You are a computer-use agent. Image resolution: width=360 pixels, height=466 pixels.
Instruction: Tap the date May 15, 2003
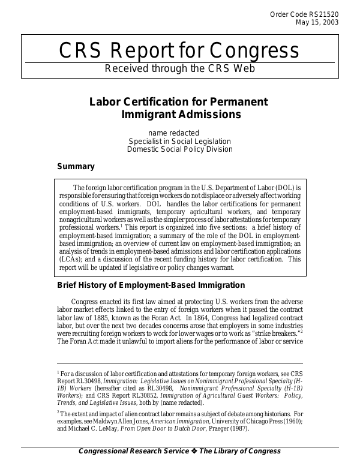coord(317,23)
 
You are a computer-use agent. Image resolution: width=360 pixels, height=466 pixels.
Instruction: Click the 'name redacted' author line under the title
coord(173,133)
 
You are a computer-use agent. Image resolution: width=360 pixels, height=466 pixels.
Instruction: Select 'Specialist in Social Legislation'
coord(179,141)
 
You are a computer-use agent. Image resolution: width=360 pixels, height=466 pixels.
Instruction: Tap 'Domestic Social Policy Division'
coord(179,149)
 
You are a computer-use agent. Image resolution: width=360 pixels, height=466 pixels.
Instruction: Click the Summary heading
coord(76,166)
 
